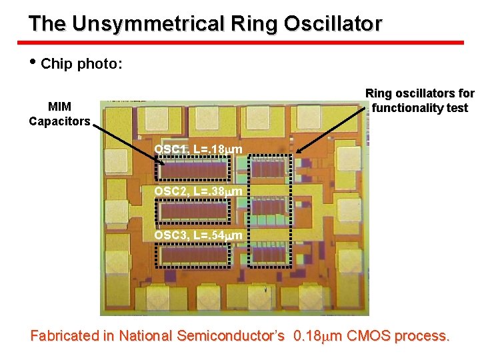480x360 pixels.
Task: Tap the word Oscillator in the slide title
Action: pyautogui.click(x=333, y=24)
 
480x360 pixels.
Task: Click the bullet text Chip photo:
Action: pyautogui.click(x=81, y=65)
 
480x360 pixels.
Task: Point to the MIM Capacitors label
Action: pyautogui.click(x=59, y=114)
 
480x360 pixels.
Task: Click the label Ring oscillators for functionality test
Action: pyautogui.click(x=420, y=101)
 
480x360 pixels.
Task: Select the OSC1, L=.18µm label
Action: pyautogui.click(x=198, y=149)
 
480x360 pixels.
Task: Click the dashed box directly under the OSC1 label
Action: pyautogui.click(x=193, y=169)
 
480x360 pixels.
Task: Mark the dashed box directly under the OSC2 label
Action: pyautogui.click(x=193, y=213)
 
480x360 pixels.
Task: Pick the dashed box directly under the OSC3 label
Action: pyautogui.click(x=193, y=255)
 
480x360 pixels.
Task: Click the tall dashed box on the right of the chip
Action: pyautogui.click(x=271, y=211)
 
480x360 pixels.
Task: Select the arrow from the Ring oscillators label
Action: pyautogui.click(x=331, y=129)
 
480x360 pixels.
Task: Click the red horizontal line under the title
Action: pyautogui.click(x=246, y=43)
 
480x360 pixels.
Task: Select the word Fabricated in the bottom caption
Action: pyautogui.click(x=64, y=336)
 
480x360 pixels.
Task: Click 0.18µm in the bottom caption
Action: pyautogui.click(x=316, y=336)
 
